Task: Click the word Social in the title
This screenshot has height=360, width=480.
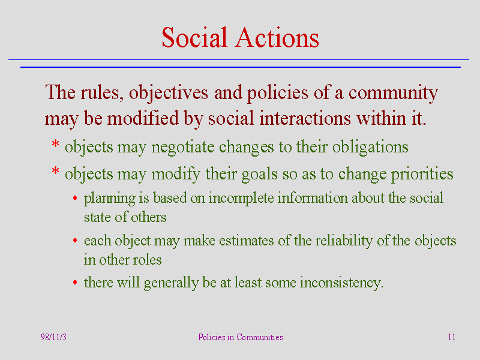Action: coord(194,37)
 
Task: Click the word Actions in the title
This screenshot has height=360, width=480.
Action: coord(277,37)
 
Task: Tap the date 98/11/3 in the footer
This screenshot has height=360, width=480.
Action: coord(53,337)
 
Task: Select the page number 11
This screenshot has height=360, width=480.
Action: coord(452,337)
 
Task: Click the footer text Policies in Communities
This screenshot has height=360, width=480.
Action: coord(241,337)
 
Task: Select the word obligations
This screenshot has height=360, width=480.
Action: coord(370,147)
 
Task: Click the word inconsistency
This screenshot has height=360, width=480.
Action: coord(341,283)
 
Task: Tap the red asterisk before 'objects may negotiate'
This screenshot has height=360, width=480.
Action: coord(55,143)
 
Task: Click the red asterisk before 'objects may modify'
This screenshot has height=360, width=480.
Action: coord(55,170)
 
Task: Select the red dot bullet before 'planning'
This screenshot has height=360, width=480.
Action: coord(75,198)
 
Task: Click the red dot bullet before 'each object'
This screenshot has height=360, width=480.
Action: coord(75,241)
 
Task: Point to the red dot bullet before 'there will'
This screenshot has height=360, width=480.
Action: coord(75,282)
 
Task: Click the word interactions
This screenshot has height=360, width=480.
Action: coord(305,118)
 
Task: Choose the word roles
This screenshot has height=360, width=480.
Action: coord(148,260)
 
